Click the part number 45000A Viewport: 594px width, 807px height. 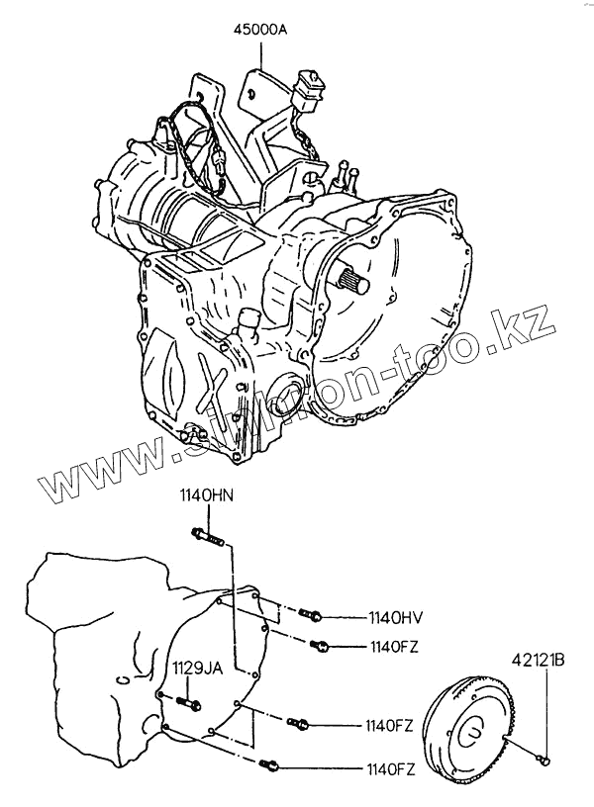pos(260,30)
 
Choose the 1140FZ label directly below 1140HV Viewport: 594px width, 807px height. pos(395,648)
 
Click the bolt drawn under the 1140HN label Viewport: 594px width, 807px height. pos(206,539)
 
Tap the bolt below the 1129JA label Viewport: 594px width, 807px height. pos(189,705)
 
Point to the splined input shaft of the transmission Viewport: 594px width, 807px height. pos(351,280)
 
